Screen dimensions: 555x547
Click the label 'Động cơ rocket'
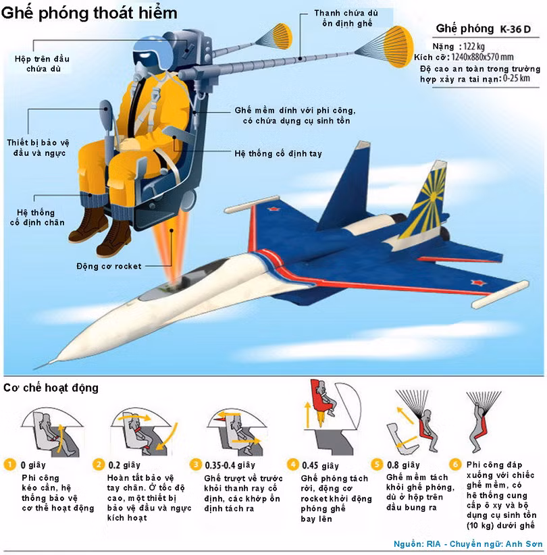pyautogui.click(x=109, y=266)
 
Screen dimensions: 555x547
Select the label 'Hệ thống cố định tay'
pyautogui.click(x=278, y=153)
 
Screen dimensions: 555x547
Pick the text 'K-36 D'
pyautogui.click(x=516, y=29)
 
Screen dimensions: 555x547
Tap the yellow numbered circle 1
pyautogui.click(x=9, y=465)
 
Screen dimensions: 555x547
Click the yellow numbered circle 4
pyautogui.click(x=292, y=465)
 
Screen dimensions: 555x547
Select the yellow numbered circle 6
pyautogui.click(x=455, y=465)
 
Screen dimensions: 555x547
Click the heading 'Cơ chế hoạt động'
pyautogui.click(x=51, y=388)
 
